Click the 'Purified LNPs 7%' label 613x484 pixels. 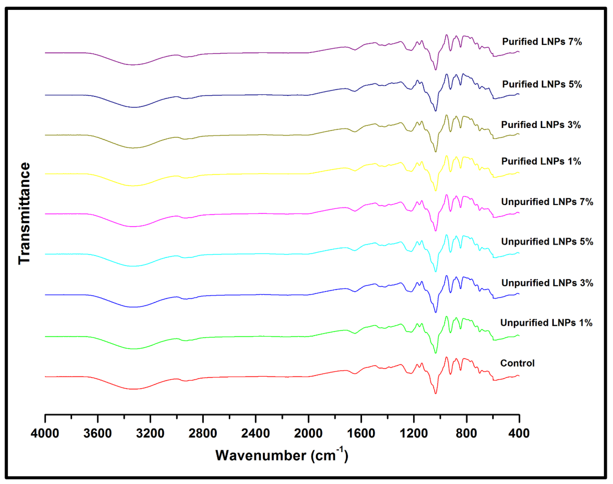542,42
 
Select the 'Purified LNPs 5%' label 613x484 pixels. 542,84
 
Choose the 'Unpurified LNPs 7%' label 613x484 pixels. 547,202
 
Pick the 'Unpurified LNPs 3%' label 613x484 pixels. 547,283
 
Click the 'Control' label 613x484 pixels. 517,363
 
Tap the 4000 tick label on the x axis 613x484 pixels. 45,434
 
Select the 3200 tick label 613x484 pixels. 150,434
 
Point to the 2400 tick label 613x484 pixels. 255,434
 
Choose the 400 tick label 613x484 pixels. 519,434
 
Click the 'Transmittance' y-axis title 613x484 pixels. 24,213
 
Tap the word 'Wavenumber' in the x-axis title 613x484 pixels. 261,455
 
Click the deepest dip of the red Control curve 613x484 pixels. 435,393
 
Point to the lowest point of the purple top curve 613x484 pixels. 435,70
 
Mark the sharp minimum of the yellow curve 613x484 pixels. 435,191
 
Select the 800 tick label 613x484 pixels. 466,434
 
